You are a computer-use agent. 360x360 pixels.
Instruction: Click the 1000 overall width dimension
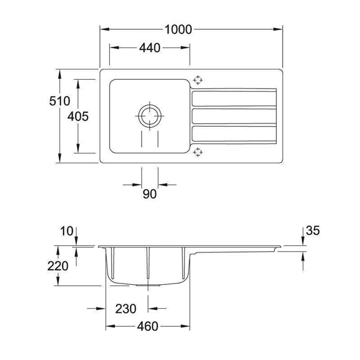click(x=178, y=30)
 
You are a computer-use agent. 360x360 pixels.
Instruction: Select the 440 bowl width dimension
click(x=149, y=48)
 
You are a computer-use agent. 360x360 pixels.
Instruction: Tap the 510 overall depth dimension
click(x=59, y=101)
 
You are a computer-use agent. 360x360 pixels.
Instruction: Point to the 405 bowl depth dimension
click(x=78, y=116)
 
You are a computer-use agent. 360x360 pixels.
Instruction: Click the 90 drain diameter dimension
click(x=149, y=194)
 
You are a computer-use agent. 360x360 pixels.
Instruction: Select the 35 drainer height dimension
click(x=312, y=230)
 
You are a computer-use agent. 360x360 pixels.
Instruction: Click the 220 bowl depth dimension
click(x=58, y=266)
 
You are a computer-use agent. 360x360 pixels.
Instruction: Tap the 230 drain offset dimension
click(x=126, y=309)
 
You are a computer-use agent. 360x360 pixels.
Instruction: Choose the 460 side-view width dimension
click(x=148, y=327)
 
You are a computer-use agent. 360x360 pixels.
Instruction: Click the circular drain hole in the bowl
click(x=149, y=116)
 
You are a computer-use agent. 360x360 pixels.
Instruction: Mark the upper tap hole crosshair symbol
click(x=198, y=80)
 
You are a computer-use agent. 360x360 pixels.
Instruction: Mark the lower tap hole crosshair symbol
click(x=198, y=152)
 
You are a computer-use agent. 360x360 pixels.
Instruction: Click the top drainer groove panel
click(x=234, y=99)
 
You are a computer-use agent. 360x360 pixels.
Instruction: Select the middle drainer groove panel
click(x=234, y=116)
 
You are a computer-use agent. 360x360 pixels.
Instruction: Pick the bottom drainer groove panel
click(x=234, y=134)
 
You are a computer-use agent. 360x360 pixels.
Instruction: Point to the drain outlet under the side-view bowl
click(x=148, y=285)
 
